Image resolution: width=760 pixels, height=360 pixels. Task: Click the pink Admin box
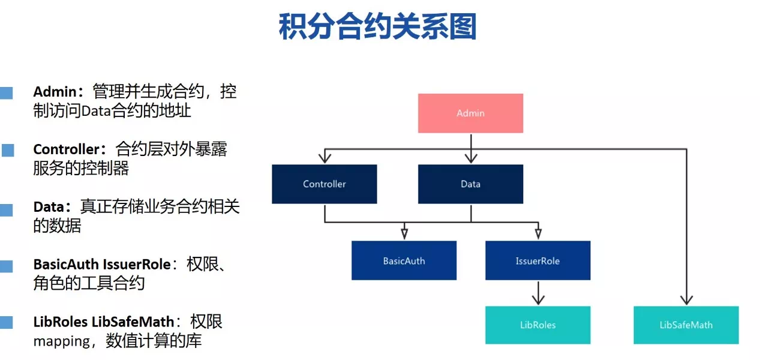point(471,113)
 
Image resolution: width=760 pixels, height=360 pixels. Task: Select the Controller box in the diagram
point(325,184)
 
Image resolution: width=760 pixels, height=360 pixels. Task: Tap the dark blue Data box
point(471,184)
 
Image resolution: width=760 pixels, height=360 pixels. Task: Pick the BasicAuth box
point(404,260)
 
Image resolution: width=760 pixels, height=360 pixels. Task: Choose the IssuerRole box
point(538,260)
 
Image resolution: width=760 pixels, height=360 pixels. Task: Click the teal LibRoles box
point(538,325)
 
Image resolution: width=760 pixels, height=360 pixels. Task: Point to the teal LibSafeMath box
point(686,325)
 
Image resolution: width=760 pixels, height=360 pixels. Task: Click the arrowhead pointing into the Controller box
point(325,158)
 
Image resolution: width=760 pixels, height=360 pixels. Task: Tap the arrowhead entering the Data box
point(471,158)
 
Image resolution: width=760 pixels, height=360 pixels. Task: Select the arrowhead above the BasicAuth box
point(404,234)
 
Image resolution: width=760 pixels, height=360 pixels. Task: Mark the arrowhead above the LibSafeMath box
point(686,300)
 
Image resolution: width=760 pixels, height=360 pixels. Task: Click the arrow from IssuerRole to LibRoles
point(538,293)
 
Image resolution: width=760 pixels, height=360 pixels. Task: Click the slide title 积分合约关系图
point(378,26)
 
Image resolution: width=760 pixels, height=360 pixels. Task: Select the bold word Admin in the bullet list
point(55,92)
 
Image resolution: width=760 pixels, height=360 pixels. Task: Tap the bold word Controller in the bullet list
point(66,149)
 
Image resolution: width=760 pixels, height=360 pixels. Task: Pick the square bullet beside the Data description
point(6,210)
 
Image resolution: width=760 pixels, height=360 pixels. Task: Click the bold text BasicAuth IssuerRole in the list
point(102,265)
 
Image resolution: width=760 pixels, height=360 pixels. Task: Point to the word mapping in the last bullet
point(61,341)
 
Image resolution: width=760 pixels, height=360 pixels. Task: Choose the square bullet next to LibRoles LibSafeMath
point(6,322)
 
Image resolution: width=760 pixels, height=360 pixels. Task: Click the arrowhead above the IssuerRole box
point(538,234)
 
